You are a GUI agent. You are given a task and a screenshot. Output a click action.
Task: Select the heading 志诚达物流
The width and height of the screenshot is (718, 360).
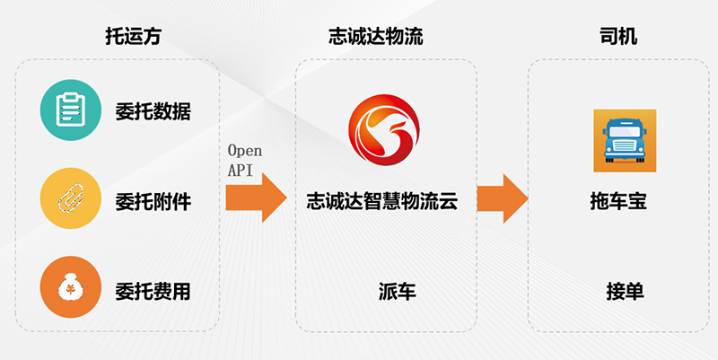[375, 37]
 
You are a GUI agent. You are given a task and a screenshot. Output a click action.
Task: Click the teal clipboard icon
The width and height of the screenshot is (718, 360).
[69, 111]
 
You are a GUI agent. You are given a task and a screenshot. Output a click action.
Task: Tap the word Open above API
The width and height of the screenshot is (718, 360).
[244, 150]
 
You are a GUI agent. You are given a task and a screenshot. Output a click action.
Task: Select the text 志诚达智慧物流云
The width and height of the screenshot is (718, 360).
[383, 202]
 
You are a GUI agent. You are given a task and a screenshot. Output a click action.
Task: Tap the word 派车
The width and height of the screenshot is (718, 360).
[396, 291]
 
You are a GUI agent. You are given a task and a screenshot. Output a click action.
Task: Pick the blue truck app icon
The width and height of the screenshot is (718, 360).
[625, 141]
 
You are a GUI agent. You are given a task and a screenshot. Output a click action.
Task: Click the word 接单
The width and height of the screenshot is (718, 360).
[625, 291]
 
